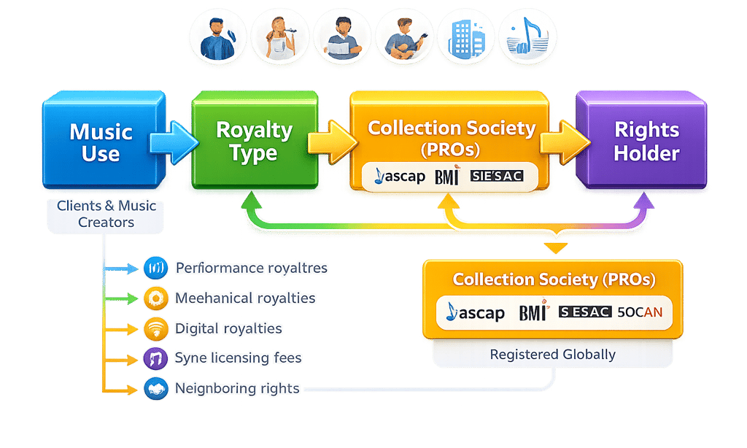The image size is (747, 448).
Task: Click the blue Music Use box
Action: [x=101, y=143]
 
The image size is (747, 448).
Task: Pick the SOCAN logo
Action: [x=640, y=312]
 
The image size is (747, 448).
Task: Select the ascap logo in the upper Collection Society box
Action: [x=399, y=177]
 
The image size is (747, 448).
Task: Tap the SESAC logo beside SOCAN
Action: [x=586, y=312]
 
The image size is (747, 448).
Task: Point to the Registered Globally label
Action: [x=552, y=355]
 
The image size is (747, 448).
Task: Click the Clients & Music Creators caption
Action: [x=107, y=214]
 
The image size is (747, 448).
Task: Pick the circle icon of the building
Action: [x=465, y=36]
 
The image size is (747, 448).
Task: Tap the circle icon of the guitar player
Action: [x=403, y=36]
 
